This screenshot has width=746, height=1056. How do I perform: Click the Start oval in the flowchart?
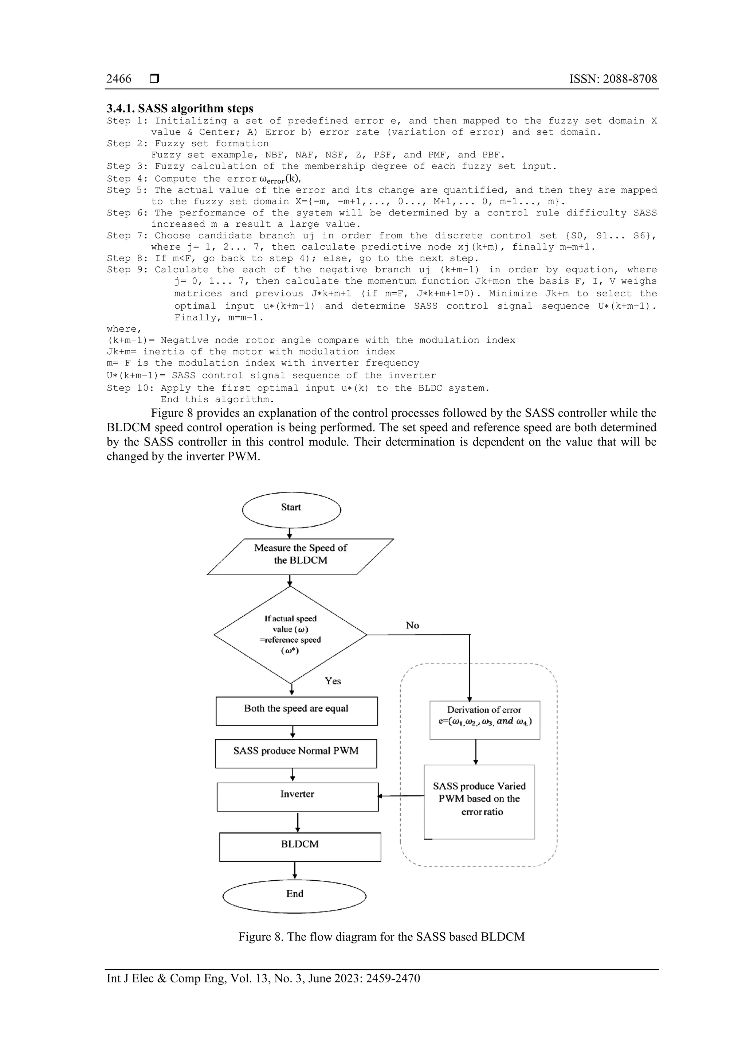291,510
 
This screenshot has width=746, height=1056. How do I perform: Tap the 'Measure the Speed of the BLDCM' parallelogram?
301,557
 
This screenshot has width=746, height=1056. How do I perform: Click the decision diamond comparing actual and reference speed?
290,635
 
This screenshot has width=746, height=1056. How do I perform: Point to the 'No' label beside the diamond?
412,626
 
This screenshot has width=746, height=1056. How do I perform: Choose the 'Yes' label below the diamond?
333,681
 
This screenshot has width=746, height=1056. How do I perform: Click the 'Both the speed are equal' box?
297,711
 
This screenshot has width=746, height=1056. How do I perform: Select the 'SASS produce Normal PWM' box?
296,753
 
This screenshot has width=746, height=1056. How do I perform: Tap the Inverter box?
297,796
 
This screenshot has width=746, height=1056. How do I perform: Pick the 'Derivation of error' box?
484,720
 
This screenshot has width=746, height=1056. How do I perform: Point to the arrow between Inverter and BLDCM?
298,822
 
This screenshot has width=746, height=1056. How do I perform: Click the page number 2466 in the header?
119,79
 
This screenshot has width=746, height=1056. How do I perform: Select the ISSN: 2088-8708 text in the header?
613,79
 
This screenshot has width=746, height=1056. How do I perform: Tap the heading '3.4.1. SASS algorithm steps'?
180,109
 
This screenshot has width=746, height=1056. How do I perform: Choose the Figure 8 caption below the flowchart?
381,937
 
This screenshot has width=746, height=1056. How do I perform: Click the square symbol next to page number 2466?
154,79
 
